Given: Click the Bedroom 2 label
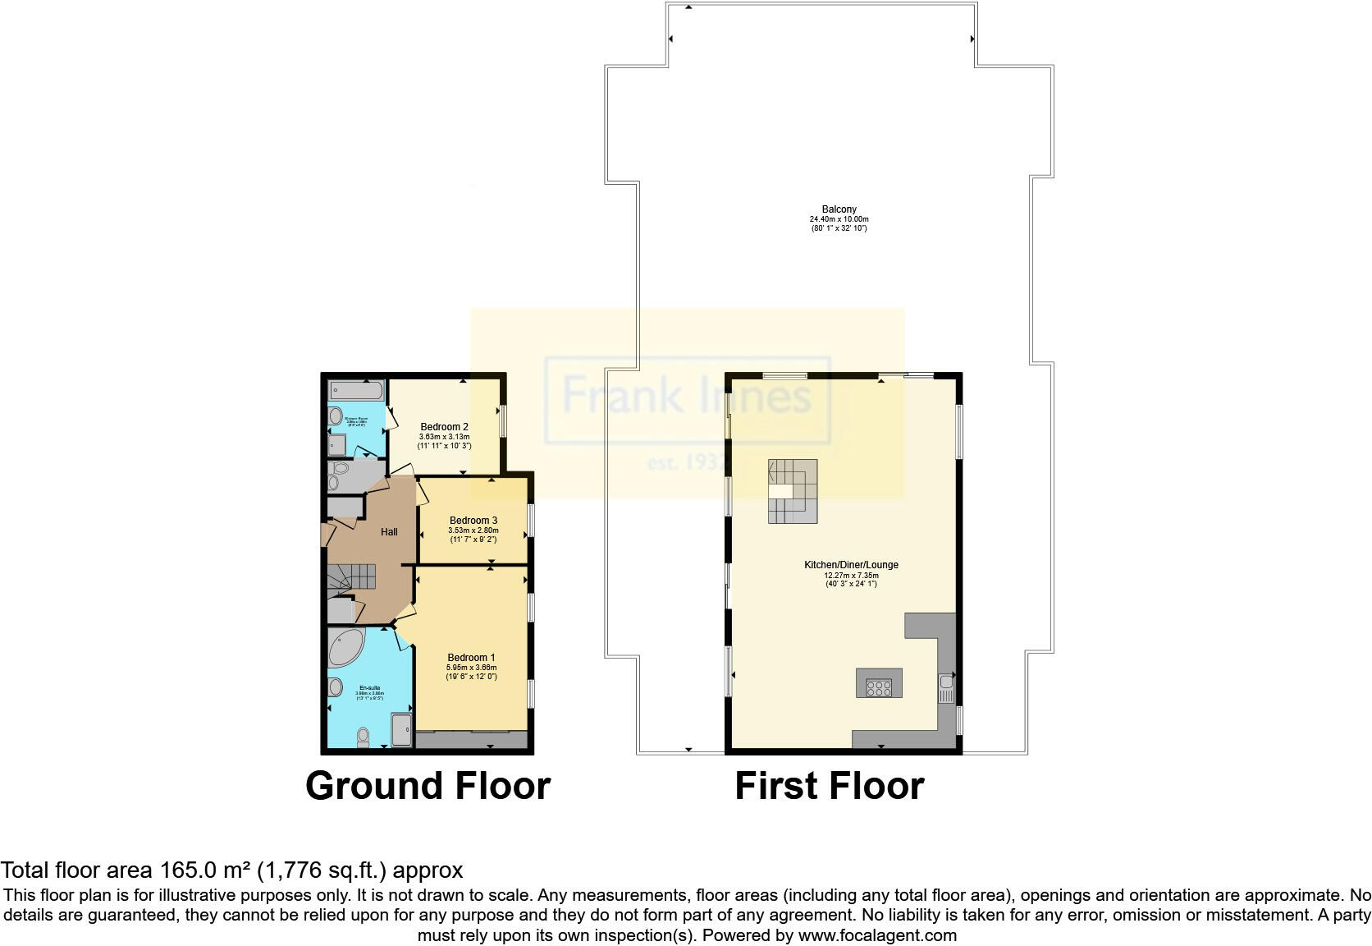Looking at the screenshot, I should pyautogui.click(x=444, y=427).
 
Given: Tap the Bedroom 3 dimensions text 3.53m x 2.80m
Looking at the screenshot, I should pyautogui.click(x=473, y=530).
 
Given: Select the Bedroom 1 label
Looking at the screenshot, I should pyautogui.click(x=471, y=658).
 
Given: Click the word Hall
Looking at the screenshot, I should pyautogui.click(x=389, y=532).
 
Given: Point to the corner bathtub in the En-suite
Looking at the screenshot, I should pyautogui.click(x=344, y=647).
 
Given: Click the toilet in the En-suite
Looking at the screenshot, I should pyautogui.click(x=364, y=737).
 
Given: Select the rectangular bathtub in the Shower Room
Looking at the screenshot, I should pyautogui.click(x=356, y=390).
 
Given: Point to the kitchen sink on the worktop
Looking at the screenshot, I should pyautogui.click(x=946, y=688).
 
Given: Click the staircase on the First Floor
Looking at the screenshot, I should pyautogui.click(x=793, y=491).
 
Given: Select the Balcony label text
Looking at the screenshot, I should pyautogui.click(x=839, y=210).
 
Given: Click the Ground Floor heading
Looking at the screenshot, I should pyautogui.click(x=428, y=786).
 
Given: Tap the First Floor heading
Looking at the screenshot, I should pyautogui.click(x=829, y=786).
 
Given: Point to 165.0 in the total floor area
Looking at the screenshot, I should pyautogui.click(x=180, y=870).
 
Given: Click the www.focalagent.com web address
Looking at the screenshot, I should pyautogui.click(x=877, y=935).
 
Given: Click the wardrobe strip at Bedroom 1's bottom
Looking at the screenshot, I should pyautogui.click(x=471, y=740).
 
